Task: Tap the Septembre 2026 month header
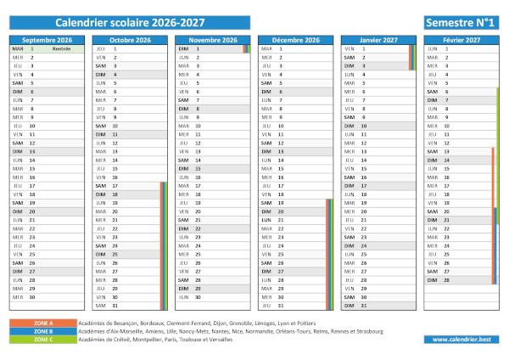coord(46,40)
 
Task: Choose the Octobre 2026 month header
coord(130,40)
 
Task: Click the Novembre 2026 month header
coord(212,40)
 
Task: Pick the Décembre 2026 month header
coord(295,40)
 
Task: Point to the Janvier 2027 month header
coord(378,40)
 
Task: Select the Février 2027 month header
coord(461,40)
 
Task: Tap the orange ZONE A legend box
coord(42,323)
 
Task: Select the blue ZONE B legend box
coord(42,331)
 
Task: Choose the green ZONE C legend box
coord(42,340)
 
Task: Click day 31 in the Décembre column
coord(281,306)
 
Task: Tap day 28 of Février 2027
coord(446,279)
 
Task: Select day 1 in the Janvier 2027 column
coord(363,49)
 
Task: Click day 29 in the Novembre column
coord(198,289)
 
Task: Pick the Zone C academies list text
coord(153,340)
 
